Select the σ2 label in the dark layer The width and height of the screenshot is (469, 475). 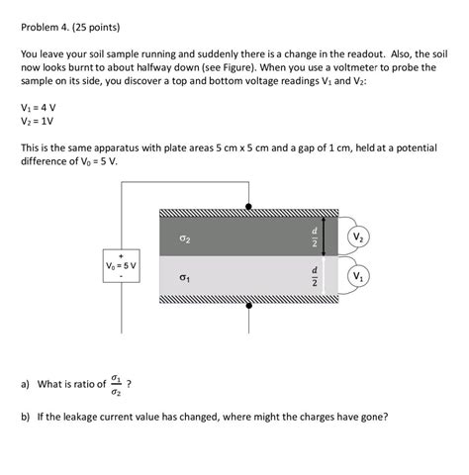185,238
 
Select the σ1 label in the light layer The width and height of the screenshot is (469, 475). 185,280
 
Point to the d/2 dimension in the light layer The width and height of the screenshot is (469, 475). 315,276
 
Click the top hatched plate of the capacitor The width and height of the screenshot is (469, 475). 247,212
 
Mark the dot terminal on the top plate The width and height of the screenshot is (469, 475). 247,207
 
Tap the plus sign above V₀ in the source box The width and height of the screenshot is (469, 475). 123,253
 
